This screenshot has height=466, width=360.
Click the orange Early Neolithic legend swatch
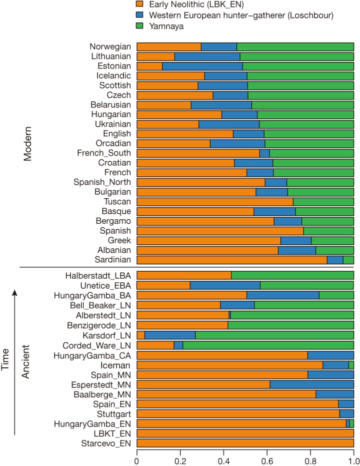[140, 5]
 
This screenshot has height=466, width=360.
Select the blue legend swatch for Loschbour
[140, 15]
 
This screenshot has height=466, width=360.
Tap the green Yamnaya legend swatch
[140, 26]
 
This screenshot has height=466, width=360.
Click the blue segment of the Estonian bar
[202, 66]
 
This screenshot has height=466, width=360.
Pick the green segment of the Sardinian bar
[348, 260]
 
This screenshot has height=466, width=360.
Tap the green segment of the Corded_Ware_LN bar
[268, 345]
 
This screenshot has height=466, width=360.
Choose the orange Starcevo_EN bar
[245, 443]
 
